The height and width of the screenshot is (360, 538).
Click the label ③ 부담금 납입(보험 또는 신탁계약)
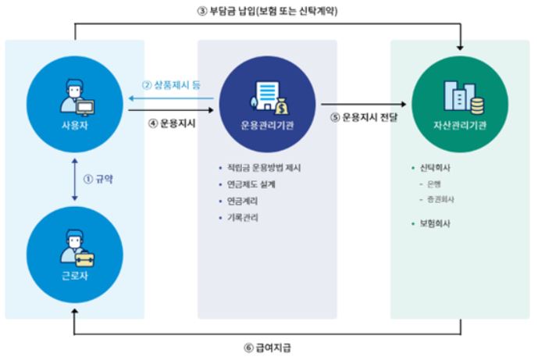point(266,12)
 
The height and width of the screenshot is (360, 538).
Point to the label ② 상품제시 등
point(171,85)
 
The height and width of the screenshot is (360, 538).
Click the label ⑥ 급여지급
point(267,347)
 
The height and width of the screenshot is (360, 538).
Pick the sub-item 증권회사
point(442,200)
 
